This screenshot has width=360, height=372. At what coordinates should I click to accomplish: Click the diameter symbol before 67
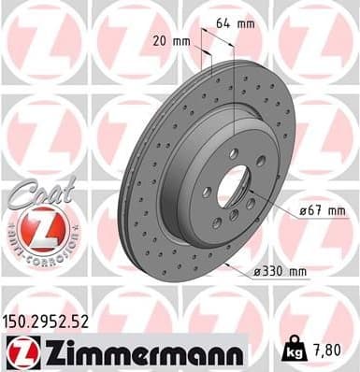coord(303,212)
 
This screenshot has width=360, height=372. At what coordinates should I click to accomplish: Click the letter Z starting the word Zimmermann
coord(48,352)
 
